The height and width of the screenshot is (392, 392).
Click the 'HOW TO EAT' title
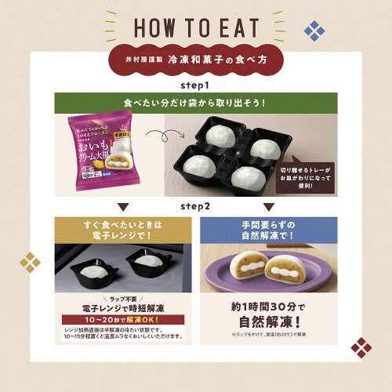(x=196, y=26)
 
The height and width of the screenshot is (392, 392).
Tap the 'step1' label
(x=196, y=83)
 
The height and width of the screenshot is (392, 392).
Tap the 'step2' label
(x=196, y=205)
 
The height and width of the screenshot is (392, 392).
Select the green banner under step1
(x=196, y=102)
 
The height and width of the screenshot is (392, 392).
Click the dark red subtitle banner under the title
(x=196, y=60)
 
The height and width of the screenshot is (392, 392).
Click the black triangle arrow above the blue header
(x=269, y=208)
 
